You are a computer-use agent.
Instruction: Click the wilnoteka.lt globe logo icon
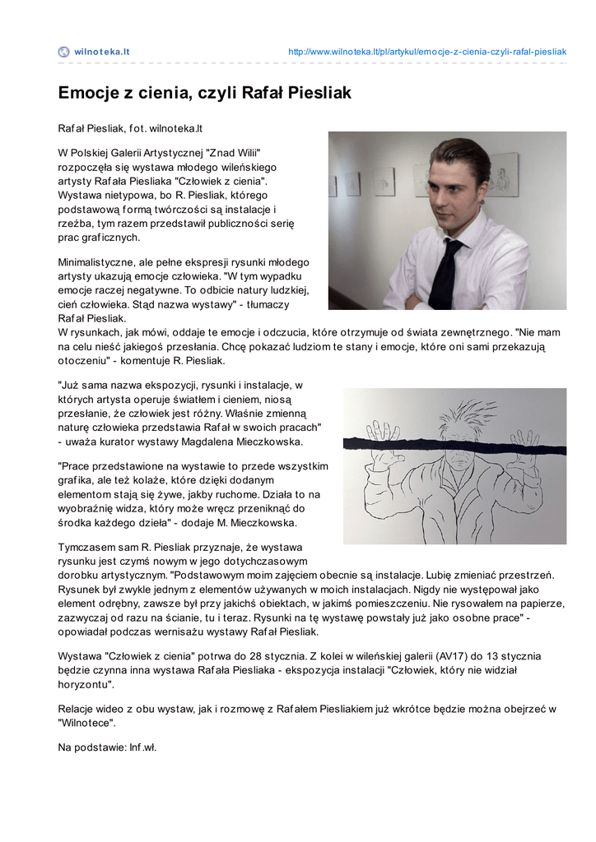tap(63, 52)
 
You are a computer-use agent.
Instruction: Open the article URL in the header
tap(426, 52)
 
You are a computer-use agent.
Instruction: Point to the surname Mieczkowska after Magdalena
tap(268, 442)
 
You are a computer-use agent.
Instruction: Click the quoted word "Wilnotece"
tap(86, 723)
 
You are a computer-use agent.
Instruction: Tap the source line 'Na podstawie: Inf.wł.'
tap(107, 747)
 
